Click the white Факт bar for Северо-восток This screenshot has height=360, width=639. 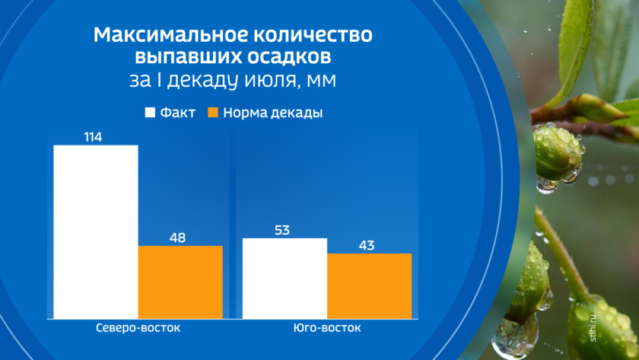coord(96,232)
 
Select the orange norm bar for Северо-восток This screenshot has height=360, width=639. coord(180,282)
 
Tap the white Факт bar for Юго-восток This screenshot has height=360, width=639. coord(285,279)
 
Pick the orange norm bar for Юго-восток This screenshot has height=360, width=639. coord(370,286)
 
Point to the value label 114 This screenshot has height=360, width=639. coord(93,137)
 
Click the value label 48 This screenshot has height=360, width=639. coord(178,237)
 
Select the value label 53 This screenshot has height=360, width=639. coord(282,231)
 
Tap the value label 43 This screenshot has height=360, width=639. coord(367,245)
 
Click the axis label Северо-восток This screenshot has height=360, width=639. coord(138,328)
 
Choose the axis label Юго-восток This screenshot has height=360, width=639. coord(327,328)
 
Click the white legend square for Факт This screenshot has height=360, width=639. coord(150,113)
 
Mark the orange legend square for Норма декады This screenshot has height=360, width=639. coord(213,113)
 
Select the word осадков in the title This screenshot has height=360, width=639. coord(290,56)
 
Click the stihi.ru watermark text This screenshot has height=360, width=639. coord(593,328)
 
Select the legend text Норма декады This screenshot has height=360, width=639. coord(273,113)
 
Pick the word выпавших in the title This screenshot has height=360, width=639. coord(189,57)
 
